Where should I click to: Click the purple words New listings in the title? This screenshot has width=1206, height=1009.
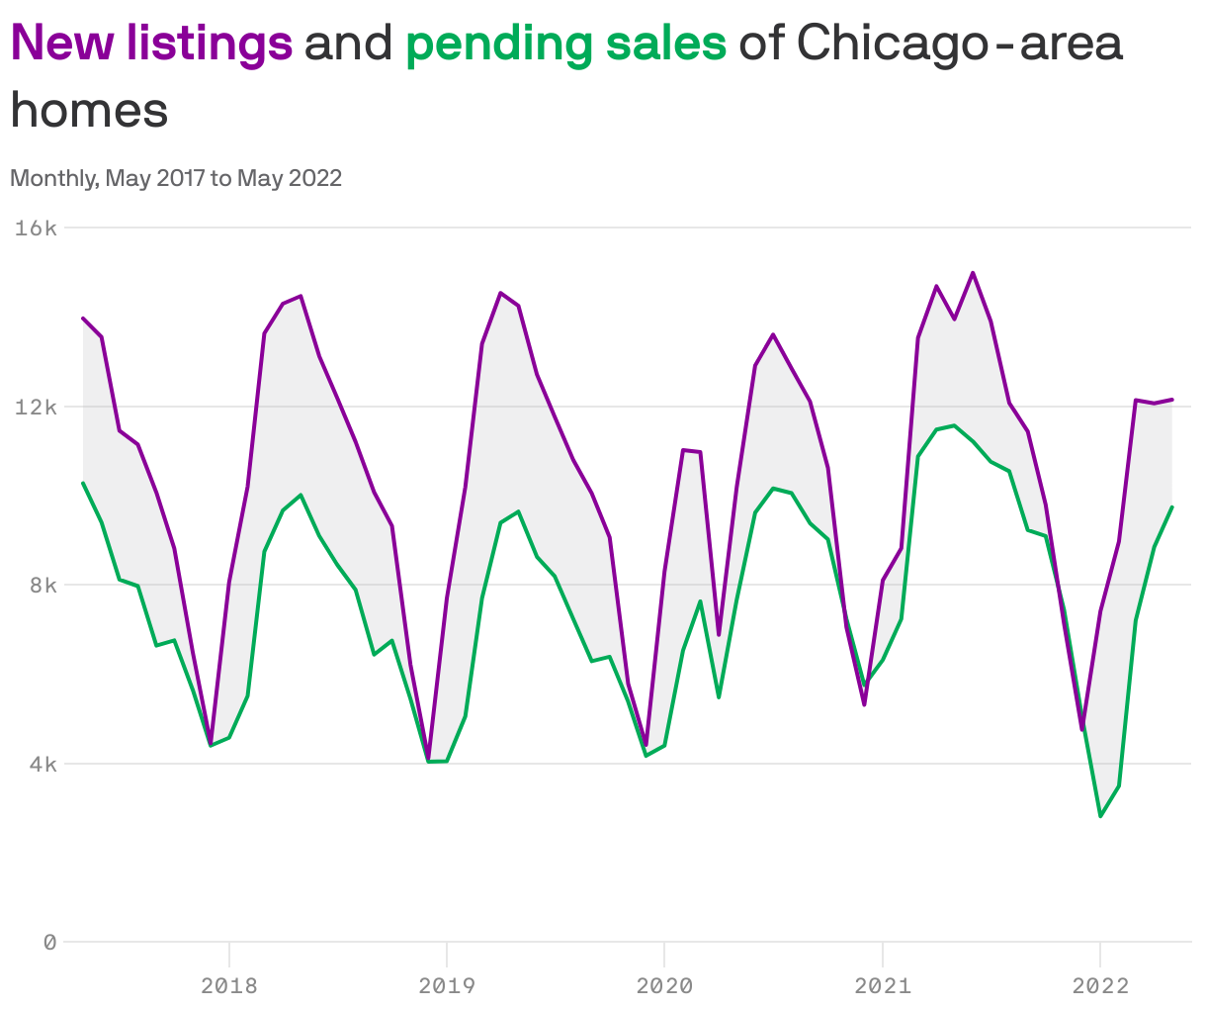(x=151, y=44)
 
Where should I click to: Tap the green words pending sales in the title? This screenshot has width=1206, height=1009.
(x=565, y=44)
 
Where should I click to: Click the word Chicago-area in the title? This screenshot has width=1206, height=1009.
(x=959, y=44)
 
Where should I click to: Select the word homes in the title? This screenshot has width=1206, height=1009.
(x=89, y=110)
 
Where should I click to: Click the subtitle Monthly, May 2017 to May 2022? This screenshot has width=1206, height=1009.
(x=176, y=178)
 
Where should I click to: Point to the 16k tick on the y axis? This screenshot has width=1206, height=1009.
(x=37, y=229)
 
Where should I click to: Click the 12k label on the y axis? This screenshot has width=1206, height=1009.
(x=37, y=407)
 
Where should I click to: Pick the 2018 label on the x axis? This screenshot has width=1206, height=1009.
(x=228, y=985)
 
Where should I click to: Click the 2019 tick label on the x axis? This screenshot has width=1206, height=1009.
(x=447, y=985)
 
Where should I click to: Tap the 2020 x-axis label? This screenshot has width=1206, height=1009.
(x=664, y=985)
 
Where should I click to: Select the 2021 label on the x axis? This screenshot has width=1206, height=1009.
(x=882, y=985)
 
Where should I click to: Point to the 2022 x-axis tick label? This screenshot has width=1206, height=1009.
(x=1099, y=985)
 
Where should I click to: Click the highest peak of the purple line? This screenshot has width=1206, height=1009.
(x=973, y=272)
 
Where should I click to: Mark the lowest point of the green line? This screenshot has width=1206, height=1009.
(x=1100, y=816)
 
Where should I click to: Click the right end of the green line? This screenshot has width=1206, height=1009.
(x=1172, y=506)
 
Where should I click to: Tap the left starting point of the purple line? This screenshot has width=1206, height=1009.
(x=83, y=319)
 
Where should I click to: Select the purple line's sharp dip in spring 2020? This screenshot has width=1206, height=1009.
(x=719, y=635)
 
